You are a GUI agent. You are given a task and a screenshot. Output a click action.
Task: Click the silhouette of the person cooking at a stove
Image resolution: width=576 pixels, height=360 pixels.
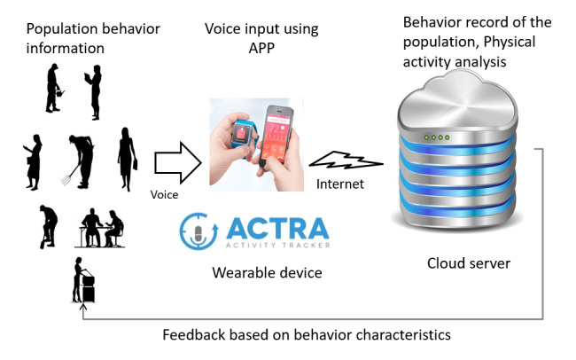(84, 280)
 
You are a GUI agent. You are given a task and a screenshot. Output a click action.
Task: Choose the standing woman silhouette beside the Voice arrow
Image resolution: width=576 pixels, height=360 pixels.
(128, 159)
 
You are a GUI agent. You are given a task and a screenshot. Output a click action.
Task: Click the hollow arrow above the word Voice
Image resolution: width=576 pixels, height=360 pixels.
(174, 165)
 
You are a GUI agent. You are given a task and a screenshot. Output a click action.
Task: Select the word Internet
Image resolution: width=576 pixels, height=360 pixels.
(340, 184)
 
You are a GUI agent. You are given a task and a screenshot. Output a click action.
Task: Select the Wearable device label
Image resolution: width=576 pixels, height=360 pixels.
(267, 272)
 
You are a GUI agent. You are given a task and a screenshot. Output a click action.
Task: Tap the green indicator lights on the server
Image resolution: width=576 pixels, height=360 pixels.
(437, 137)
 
